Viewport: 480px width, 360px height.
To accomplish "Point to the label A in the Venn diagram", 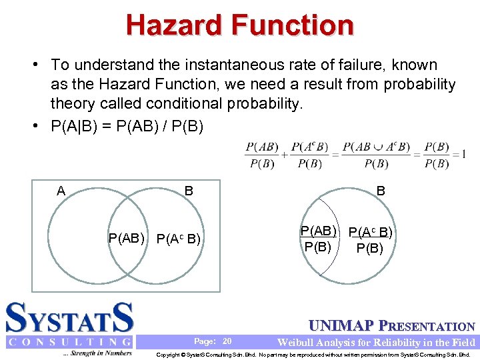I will click(x=61, y=191).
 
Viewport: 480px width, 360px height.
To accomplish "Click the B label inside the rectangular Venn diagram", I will click(x=189, y=191).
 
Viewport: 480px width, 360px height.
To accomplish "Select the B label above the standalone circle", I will click(x=381, y=191).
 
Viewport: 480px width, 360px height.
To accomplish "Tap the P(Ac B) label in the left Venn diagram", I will click(x=179, y=239).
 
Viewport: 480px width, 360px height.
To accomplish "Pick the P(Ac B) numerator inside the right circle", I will click(x=370, y=233).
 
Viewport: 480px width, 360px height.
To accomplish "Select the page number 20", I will click(x=227, y=341).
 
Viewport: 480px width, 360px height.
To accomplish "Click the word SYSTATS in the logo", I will click(x=70, y=319).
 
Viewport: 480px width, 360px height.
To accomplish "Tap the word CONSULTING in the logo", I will click(x=70, y=342).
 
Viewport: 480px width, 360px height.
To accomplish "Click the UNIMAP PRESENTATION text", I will click(x=393, y=327).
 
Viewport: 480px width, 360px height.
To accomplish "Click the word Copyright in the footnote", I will click(x=170, y=354).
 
